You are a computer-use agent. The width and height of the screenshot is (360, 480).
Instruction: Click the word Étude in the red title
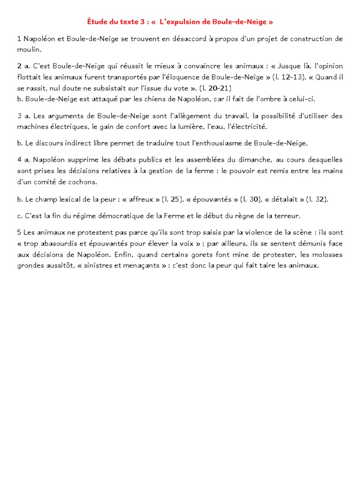click(x=97, y=22)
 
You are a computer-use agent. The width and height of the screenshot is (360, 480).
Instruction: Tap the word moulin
click(x=29, y=49)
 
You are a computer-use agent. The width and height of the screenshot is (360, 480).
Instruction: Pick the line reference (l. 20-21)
click(x=214, y=88)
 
